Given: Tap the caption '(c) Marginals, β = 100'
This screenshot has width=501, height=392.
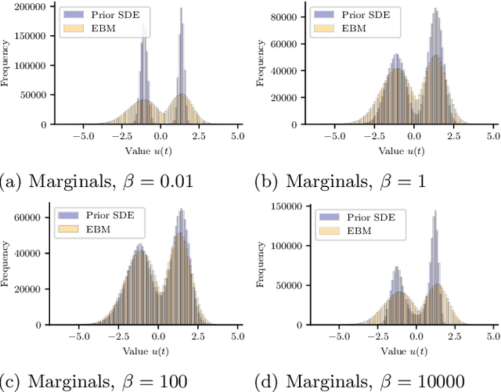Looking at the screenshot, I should pos(94,381).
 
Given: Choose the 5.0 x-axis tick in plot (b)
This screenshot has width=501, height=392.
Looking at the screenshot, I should pos(488,135).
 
